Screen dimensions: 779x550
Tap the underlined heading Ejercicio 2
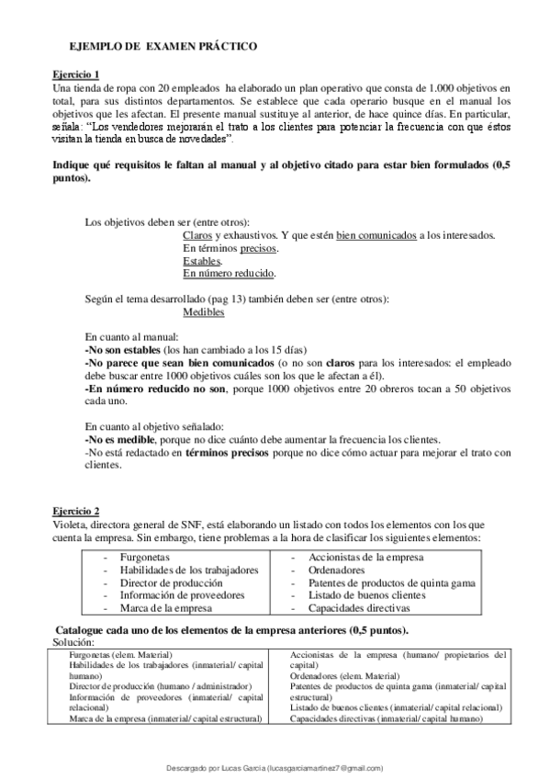tap(76, 511)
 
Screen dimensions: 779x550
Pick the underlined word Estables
tap(202, 261)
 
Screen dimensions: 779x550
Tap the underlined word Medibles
tap(204, 312)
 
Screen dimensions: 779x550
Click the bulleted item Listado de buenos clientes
tap(366, 594)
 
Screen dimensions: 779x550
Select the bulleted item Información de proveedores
tap(169, 594)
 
